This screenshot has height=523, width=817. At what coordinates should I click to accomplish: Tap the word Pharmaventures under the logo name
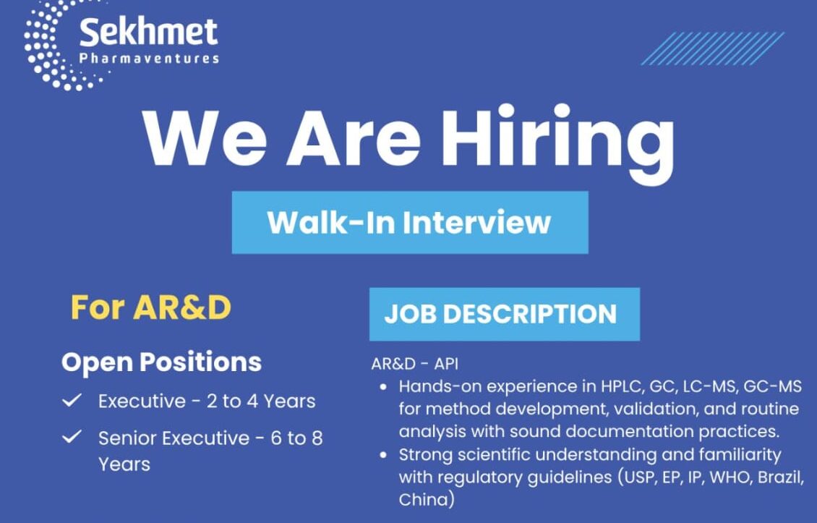coord(148,59)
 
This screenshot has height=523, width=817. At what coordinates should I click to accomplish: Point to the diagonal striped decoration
coord(712,48)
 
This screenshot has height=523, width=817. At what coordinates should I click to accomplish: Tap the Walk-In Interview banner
coord(409,222)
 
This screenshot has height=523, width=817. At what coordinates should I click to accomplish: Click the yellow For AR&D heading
coord(150,307)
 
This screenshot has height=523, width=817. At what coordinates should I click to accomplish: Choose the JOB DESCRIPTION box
coord(504,314)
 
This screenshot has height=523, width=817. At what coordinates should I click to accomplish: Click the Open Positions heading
coord(161,362)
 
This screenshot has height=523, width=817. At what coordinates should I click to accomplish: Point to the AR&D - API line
coord(414,364)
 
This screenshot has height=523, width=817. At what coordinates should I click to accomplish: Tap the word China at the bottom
coord(427,500)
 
